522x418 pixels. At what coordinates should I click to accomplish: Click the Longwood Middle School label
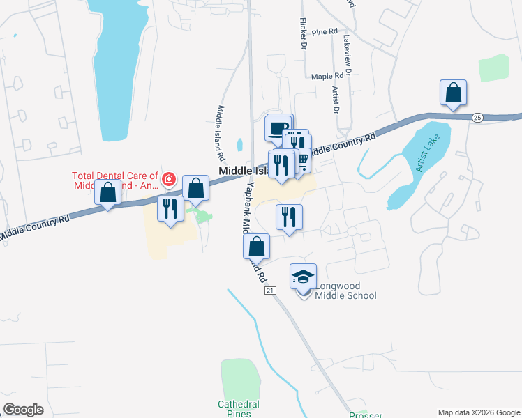pos(345,291)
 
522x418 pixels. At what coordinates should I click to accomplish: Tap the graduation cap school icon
pos(303,277)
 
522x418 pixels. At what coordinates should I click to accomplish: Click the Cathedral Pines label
pos(239,409)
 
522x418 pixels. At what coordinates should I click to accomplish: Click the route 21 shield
pos(270,291)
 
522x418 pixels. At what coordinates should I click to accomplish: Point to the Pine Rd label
pos(325,32)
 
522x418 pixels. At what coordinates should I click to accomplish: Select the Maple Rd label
pos(327,76)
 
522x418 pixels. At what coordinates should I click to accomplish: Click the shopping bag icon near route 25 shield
pos(453,93)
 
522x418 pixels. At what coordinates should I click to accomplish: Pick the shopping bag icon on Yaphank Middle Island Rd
pos(256,247)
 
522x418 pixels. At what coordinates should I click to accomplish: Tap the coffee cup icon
pos(278,128)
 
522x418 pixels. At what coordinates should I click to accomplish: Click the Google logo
pos(23,410)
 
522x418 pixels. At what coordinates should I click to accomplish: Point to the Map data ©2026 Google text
pos(478,412)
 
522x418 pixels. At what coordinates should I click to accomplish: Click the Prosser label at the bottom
pos(366,414)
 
